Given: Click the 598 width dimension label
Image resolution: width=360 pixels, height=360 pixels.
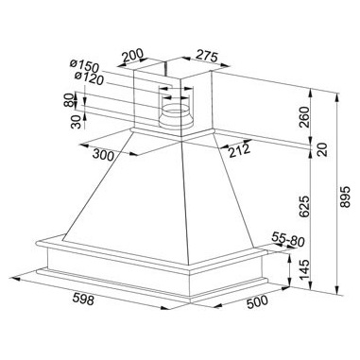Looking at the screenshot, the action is (x=83, y=299).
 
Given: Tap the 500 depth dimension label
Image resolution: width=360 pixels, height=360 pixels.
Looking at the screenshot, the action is (x=257, y=301).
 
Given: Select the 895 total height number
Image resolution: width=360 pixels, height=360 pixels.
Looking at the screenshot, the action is (x=345, y=197).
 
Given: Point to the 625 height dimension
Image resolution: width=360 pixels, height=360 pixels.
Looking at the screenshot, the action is (x=304, y=207).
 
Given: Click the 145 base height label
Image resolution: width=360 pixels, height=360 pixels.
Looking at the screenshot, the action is (x=304, y=270).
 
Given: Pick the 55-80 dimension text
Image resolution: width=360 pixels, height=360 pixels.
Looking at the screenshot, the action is (x=288, y=238).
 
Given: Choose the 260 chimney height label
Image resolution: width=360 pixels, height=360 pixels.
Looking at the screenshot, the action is (x=304, y=117).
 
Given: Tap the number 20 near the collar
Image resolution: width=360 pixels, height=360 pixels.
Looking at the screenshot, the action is (x=322, y=149).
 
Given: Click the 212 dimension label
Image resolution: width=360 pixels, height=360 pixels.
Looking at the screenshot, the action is (x=239, y=149).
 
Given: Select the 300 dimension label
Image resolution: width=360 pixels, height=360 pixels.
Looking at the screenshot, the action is (x=102, y=155).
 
